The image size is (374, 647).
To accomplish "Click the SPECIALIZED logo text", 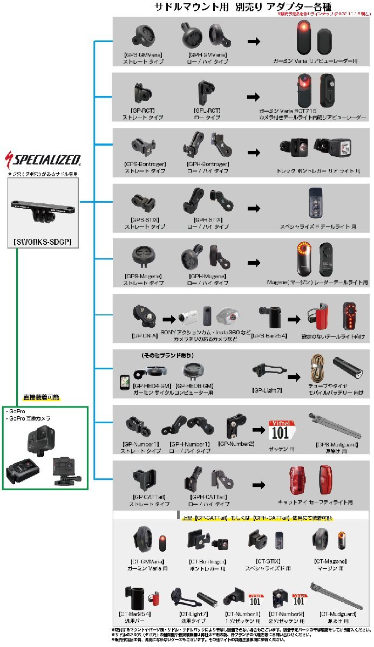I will click(x=46, y=160).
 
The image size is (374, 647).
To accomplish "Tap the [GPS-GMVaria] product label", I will click(x=144, y=55).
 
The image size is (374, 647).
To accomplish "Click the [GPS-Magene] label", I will click(x=142, y=276).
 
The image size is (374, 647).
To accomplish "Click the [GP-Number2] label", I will click(x=236, y=443).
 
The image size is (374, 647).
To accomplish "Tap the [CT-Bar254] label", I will click(x=134, y=614).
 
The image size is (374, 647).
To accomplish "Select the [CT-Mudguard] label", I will click(x=337, y=614).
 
